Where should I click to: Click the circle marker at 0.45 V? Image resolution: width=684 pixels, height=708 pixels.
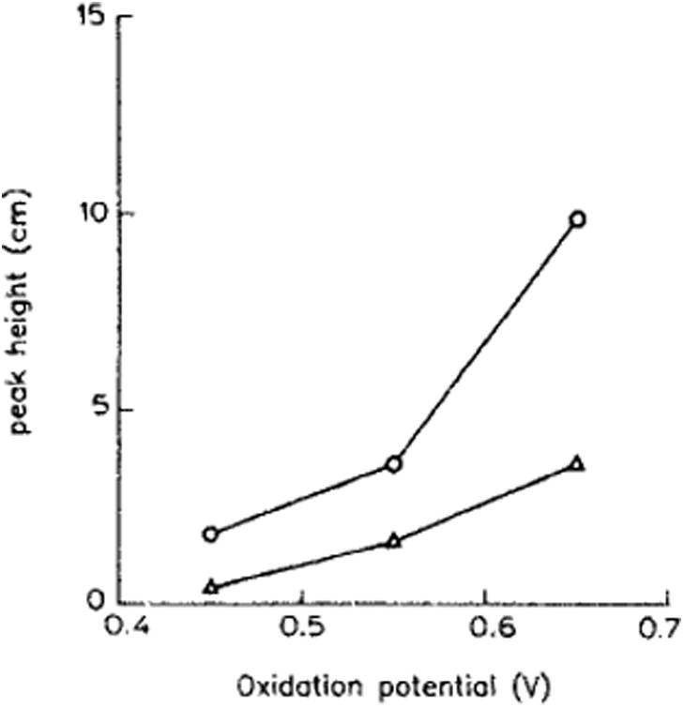[211, 534]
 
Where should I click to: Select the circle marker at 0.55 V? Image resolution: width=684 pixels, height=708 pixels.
[394, 463]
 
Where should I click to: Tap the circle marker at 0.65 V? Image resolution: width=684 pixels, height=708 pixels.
[578, 218]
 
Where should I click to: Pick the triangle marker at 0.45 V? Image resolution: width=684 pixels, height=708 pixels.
[211, 587]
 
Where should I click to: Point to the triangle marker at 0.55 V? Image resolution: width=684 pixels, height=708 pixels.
[394, 540]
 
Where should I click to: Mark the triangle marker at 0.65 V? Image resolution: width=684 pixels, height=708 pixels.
[578, 463]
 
